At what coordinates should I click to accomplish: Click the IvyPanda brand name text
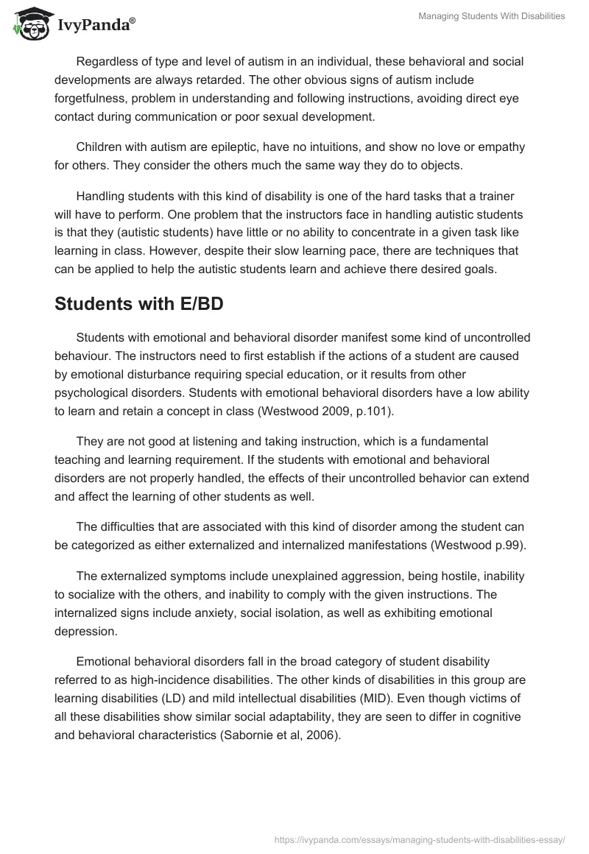coord(96,26)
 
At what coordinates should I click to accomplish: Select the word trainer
coord(504,196)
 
